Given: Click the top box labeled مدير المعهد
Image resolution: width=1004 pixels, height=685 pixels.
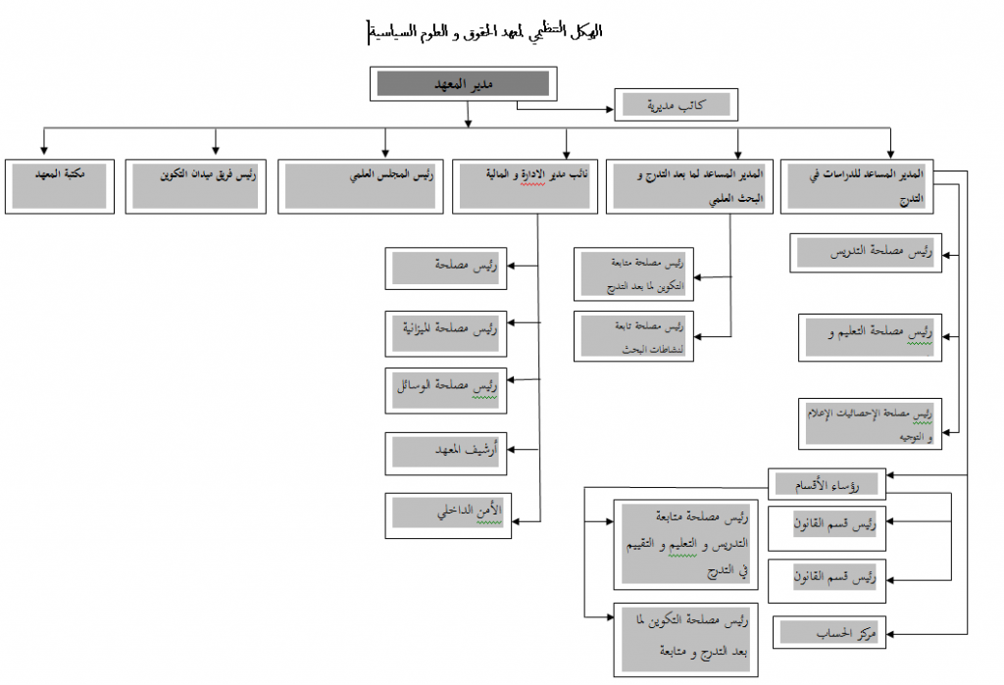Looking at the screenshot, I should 464,84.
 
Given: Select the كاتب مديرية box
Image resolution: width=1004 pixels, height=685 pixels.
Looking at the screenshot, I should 676,104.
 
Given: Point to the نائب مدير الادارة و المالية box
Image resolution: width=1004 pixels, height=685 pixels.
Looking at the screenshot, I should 525,186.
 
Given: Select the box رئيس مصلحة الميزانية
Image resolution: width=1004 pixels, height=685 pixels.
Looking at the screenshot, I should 445,332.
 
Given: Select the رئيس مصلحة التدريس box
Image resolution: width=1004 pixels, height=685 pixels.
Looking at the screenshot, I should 866,254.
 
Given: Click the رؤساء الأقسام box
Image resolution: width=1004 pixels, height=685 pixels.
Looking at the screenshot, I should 828,484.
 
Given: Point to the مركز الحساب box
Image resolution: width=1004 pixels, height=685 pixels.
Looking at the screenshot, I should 829,633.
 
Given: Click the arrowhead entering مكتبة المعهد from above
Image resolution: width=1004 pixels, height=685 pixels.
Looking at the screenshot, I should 43,153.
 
